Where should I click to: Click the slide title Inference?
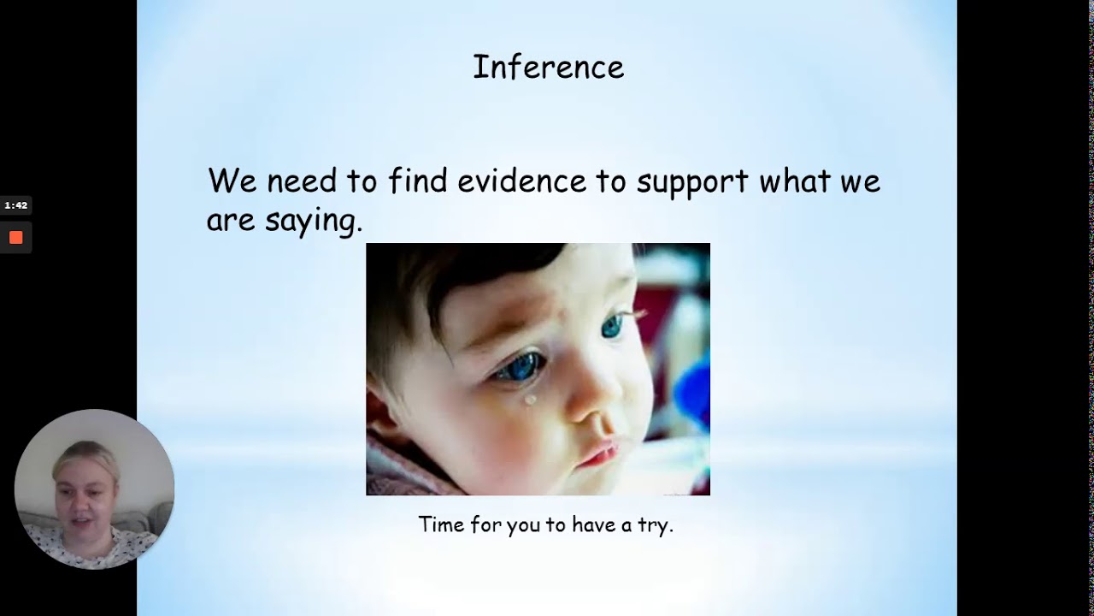tap(548, 68)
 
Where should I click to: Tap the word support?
tap(693, 182)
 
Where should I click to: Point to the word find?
tap(418, 181)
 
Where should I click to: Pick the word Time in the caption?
tap(441, 524)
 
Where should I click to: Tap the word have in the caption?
tap(599, 524)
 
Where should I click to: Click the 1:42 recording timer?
tap(15, 205)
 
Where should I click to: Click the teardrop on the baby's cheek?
tap(531, 399)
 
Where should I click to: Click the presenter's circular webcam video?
tap(94, 489)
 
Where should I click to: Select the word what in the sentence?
tap(795, 181)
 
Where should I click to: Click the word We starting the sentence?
tap(232, 181)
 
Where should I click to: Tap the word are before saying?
tap(231, 221)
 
